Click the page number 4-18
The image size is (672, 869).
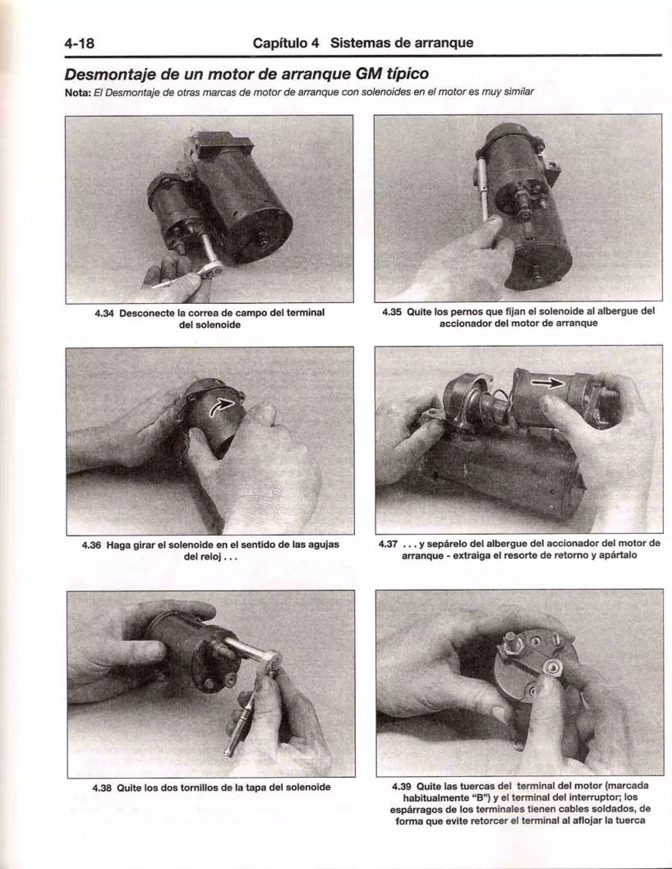pos(80,43)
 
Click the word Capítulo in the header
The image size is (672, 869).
pos(286,43)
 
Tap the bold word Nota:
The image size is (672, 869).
pos(78,93)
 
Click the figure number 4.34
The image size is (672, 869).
pos(104,313)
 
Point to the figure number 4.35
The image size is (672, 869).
pos(392,311)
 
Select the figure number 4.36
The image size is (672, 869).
pos(92,545)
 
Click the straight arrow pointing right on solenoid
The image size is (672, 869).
pos(549,383)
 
